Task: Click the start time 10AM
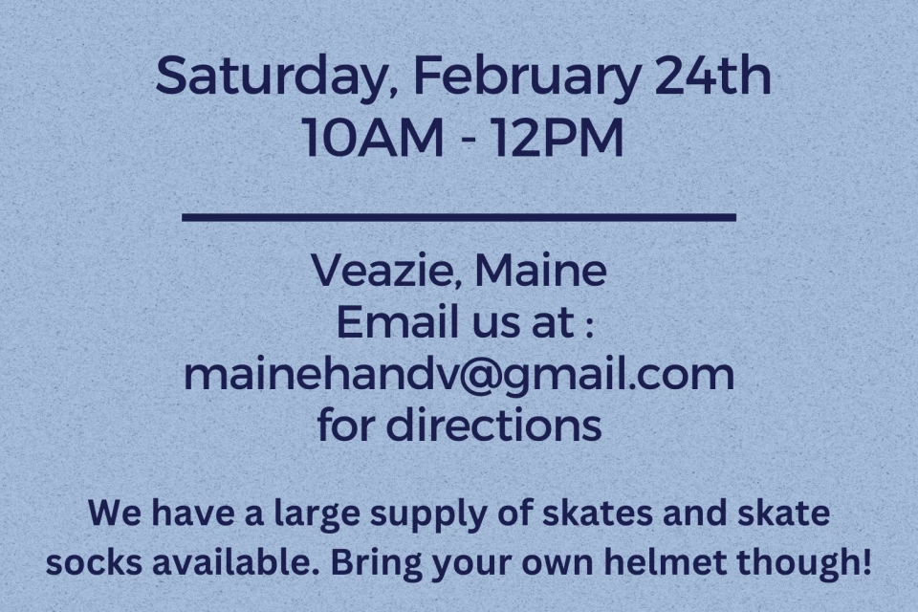coord(374,139)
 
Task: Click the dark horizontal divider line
coord(459,218)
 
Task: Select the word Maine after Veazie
coord(540,270)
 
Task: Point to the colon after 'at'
coord(589,326)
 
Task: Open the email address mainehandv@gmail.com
coord(459,376)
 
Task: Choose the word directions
coord(493,425)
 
